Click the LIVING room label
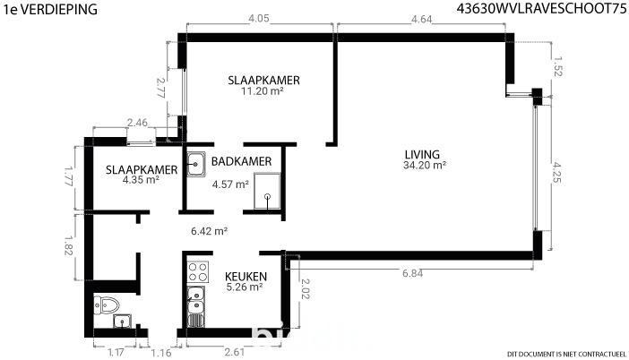click(422, 154)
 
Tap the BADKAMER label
click(242, 161)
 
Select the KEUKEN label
click(246, 277)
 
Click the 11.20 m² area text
click(263, 91)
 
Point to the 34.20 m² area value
click(425, 165)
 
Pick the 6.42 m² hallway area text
click(210, 231)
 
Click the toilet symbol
click(107, 305)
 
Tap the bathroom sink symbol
click(195, 164)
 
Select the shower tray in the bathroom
click(267, 191)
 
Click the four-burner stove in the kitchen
click(198, 272)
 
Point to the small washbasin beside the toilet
click(122, 321)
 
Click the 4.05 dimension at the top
click(259, 19)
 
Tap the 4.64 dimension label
click(422, 19)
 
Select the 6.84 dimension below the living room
click(412, 273)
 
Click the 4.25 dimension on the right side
click(556, 172)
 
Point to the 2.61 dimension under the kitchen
click(234, 352)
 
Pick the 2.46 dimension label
click(137, 123)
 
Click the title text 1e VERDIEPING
click(50, 9)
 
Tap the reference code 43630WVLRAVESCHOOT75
click(541, 9)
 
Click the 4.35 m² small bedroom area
click(141, 180)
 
